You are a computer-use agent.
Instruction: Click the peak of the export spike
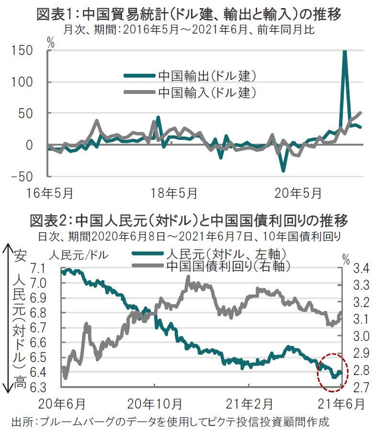click(x=344, y=51)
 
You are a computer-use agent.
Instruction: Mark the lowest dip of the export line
click(x=283, y=170)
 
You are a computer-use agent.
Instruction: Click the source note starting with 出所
click(x=170, y=422)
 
